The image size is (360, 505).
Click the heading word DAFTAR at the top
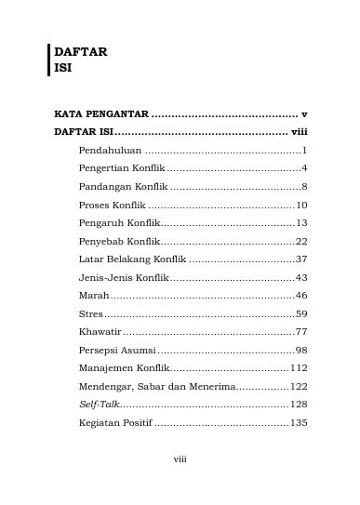point(81,53)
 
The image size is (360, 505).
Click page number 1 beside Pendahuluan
point(305,150)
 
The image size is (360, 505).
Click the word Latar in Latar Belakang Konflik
point(92,259)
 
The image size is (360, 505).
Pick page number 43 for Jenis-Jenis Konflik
point(301,277)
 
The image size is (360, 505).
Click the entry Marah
point(94,295)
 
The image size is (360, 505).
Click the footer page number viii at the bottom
point(180,484)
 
